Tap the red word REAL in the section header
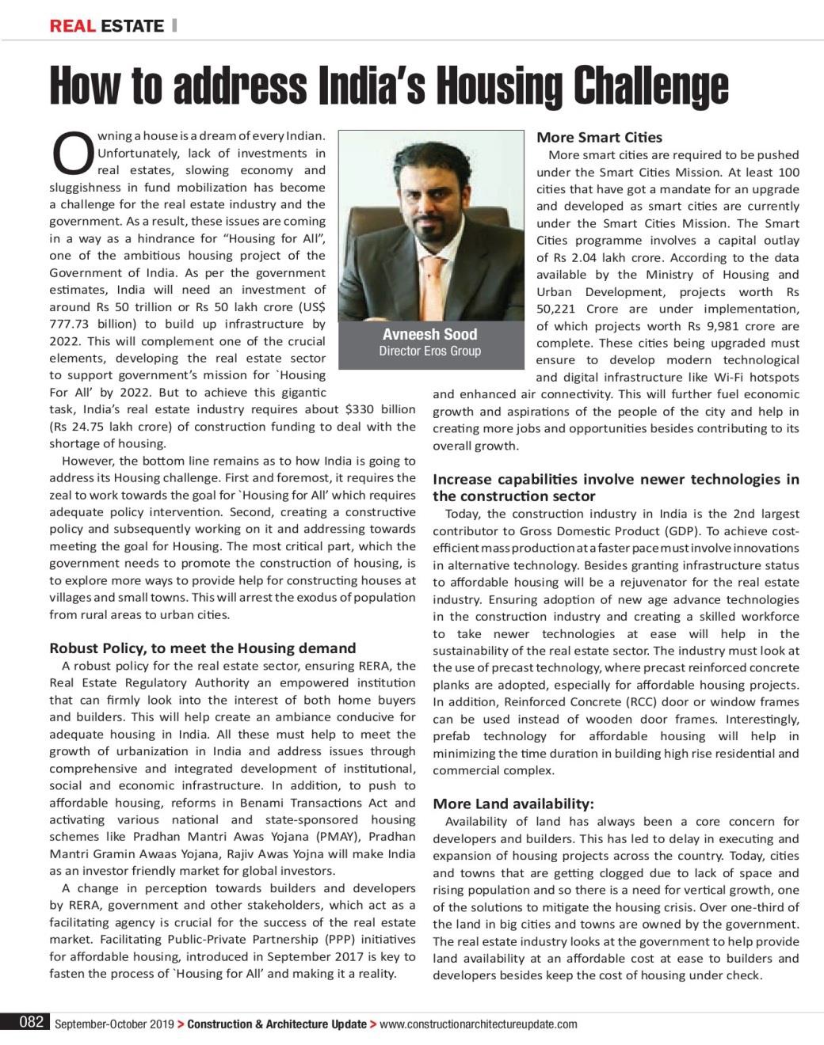pos(72,25)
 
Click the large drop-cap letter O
pos(71,154)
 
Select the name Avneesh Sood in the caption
pos(429,334)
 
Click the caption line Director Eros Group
pos(429,351)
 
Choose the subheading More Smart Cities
pos(599,137)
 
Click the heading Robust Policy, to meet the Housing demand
pos(202,648)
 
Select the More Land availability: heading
pos(513,804)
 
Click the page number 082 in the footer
pos(31,1022)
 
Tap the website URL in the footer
pos(479,1024)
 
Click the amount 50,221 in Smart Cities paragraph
pos(557,309)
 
